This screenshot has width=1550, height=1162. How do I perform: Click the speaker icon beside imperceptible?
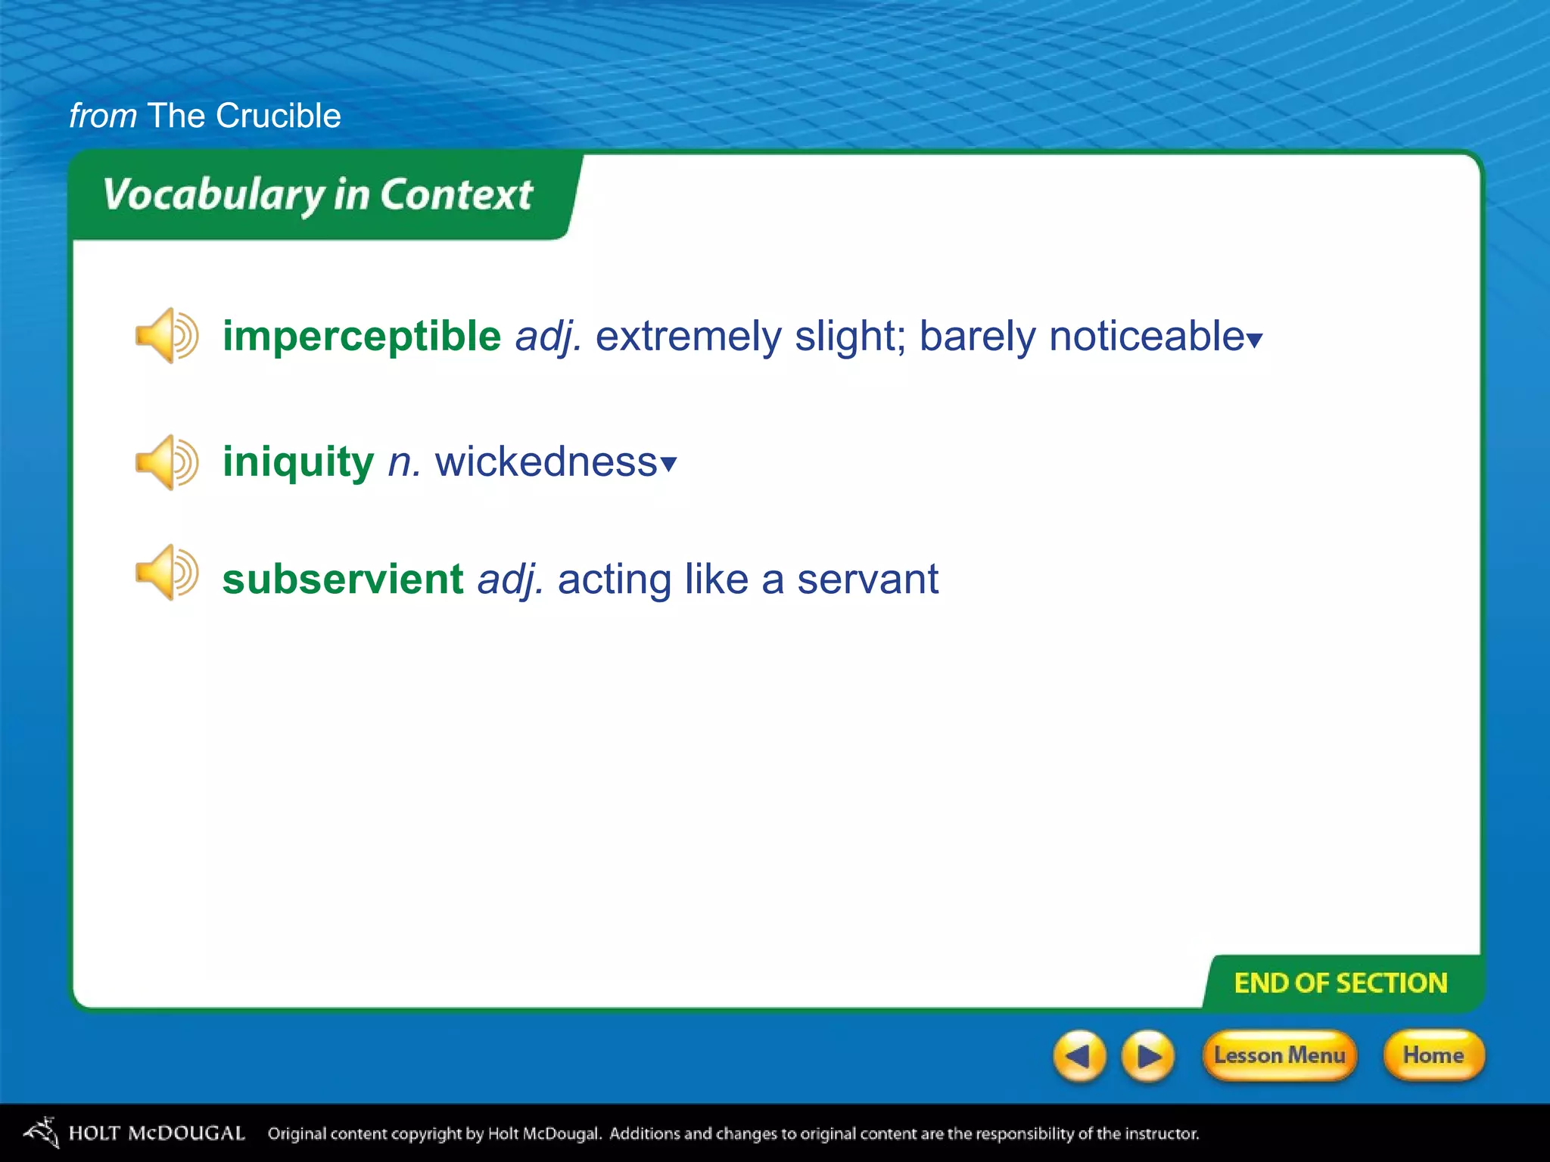tap(166, 336)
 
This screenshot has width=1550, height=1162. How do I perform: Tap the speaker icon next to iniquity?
tap(166, 462)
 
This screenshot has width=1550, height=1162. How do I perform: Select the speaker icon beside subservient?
tap(166, 573)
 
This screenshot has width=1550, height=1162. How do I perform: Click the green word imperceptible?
tap(362, 337)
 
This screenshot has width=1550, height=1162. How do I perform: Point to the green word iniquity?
tap(298, 462)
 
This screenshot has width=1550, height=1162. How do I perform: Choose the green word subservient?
tap(343, 579)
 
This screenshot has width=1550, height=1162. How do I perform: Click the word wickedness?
tap(546, 462)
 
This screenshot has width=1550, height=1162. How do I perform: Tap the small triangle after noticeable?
tap(1255, 341)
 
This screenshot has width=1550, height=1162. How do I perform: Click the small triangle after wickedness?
tap(668, 464)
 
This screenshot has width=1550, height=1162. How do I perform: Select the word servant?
tap(867, 579)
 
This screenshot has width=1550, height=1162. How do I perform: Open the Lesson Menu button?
tap(1279, 1055)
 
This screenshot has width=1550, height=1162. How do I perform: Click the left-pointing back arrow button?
tap(1079, 1055)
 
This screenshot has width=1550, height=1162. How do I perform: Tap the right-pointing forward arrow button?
tap(1147, 1055)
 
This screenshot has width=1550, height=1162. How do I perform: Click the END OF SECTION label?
tap(1340, 983)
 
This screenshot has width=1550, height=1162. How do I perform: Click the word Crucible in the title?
tap(278, 116)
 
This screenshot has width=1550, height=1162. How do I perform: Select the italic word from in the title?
tap(103, 116)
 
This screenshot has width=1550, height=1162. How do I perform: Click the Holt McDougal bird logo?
tap(42, 1132)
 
